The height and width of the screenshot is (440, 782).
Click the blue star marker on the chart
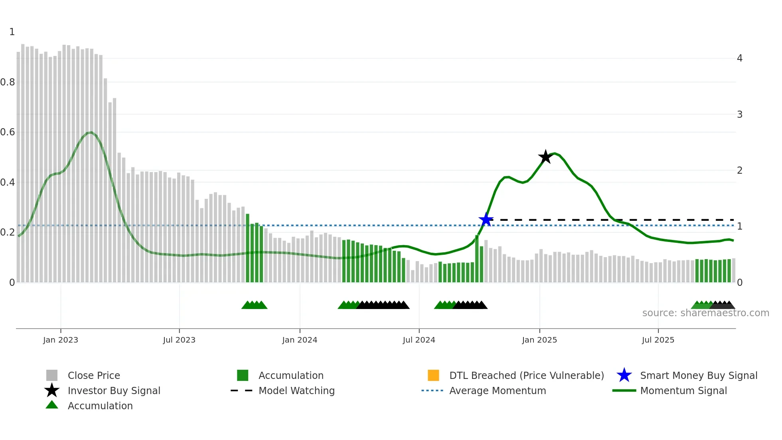[486, 220]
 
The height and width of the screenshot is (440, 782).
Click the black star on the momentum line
[545, 157]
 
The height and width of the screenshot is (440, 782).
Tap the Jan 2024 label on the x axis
[300, 340]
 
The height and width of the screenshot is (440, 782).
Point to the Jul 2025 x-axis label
[658, 340]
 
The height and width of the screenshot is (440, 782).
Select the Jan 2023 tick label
[61, 340]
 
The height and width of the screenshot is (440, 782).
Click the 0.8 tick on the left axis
[8, 82]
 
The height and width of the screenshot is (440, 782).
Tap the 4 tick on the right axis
[739, 58]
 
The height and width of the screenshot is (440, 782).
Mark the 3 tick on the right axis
[739, 115]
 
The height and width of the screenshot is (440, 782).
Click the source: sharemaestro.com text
[705, 313]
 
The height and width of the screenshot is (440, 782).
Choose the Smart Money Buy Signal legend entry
[698, 375]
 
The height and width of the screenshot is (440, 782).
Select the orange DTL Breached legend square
[433, 375]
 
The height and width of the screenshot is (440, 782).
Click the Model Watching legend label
[296, 390]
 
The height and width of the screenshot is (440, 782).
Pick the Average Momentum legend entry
[497, 390]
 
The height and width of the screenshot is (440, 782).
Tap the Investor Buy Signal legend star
[52, 390]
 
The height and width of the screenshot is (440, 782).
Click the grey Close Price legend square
[52, 375]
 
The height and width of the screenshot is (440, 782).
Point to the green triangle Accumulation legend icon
[52, 405]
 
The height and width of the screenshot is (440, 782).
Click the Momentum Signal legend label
[683, 390]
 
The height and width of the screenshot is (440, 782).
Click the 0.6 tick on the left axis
[8, 132]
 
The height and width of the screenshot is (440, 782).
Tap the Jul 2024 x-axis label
[419, 340]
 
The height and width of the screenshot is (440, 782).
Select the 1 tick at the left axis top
[12, 32]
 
